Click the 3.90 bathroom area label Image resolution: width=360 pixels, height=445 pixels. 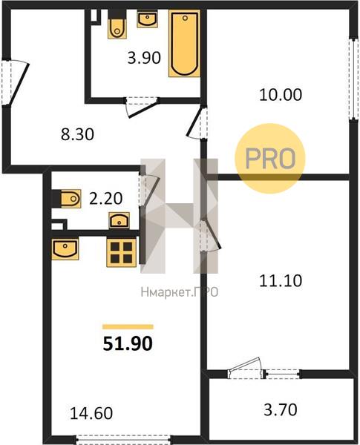click(144, 58)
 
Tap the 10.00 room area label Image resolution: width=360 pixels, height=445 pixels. click(281, 95)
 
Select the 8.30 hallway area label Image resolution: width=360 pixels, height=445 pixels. click(77, 134)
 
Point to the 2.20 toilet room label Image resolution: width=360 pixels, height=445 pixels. click(105, 198)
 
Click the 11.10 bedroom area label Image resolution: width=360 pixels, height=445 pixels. click(281, 281)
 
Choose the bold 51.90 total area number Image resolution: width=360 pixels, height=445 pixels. click(128, 343)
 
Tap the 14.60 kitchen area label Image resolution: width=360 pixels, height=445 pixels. click(91, 413)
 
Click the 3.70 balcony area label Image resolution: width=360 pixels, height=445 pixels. click(281, 410)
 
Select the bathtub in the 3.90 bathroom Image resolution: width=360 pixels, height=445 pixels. click(184, 44)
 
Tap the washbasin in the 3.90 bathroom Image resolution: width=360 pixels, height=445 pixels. click(147, 19)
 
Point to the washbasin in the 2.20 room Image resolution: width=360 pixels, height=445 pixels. click(120, 220)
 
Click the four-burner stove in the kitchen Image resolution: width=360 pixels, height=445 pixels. click(121, 252)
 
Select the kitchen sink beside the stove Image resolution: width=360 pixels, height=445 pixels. click(65, 249)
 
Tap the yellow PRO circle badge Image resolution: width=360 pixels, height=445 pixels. click(269, 159)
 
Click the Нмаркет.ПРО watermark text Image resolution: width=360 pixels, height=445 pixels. click(180, 291)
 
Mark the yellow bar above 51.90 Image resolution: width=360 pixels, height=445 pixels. click(128, 326)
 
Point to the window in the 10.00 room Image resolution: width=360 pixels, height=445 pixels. click(353, 79)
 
